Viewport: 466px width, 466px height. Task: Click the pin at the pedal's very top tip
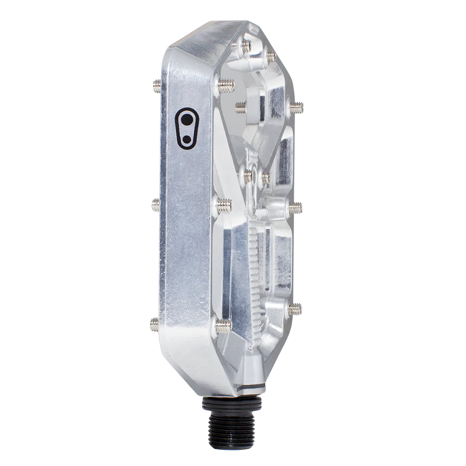[245, 46]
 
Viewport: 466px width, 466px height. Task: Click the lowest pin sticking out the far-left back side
[153, 324]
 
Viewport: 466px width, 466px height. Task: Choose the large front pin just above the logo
[225, 85]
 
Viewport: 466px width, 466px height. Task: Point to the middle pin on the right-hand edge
[295, 207]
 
